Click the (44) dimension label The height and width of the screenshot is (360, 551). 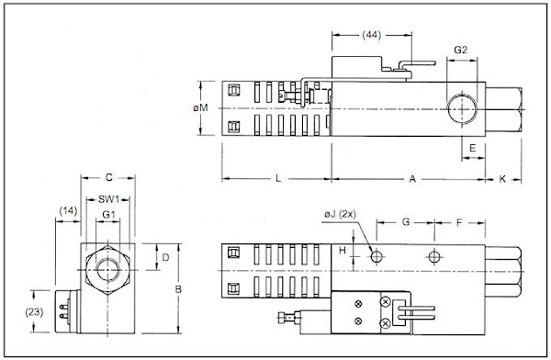371,35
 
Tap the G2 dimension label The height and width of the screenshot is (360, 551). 461,50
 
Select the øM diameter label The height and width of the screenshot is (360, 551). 200,107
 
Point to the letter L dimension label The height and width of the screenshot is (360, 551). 278,178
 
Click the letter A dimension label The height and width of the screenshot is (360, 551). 412,179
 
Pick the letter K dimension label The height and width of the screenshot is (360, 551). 502,179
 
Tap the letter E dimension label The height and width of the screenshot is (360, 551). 473,148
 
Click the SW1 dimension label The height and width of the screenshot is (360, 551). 109,199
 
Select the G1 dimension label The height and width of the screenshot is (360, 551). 108,214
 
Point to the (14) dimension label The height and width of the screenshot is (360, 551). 68,210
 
